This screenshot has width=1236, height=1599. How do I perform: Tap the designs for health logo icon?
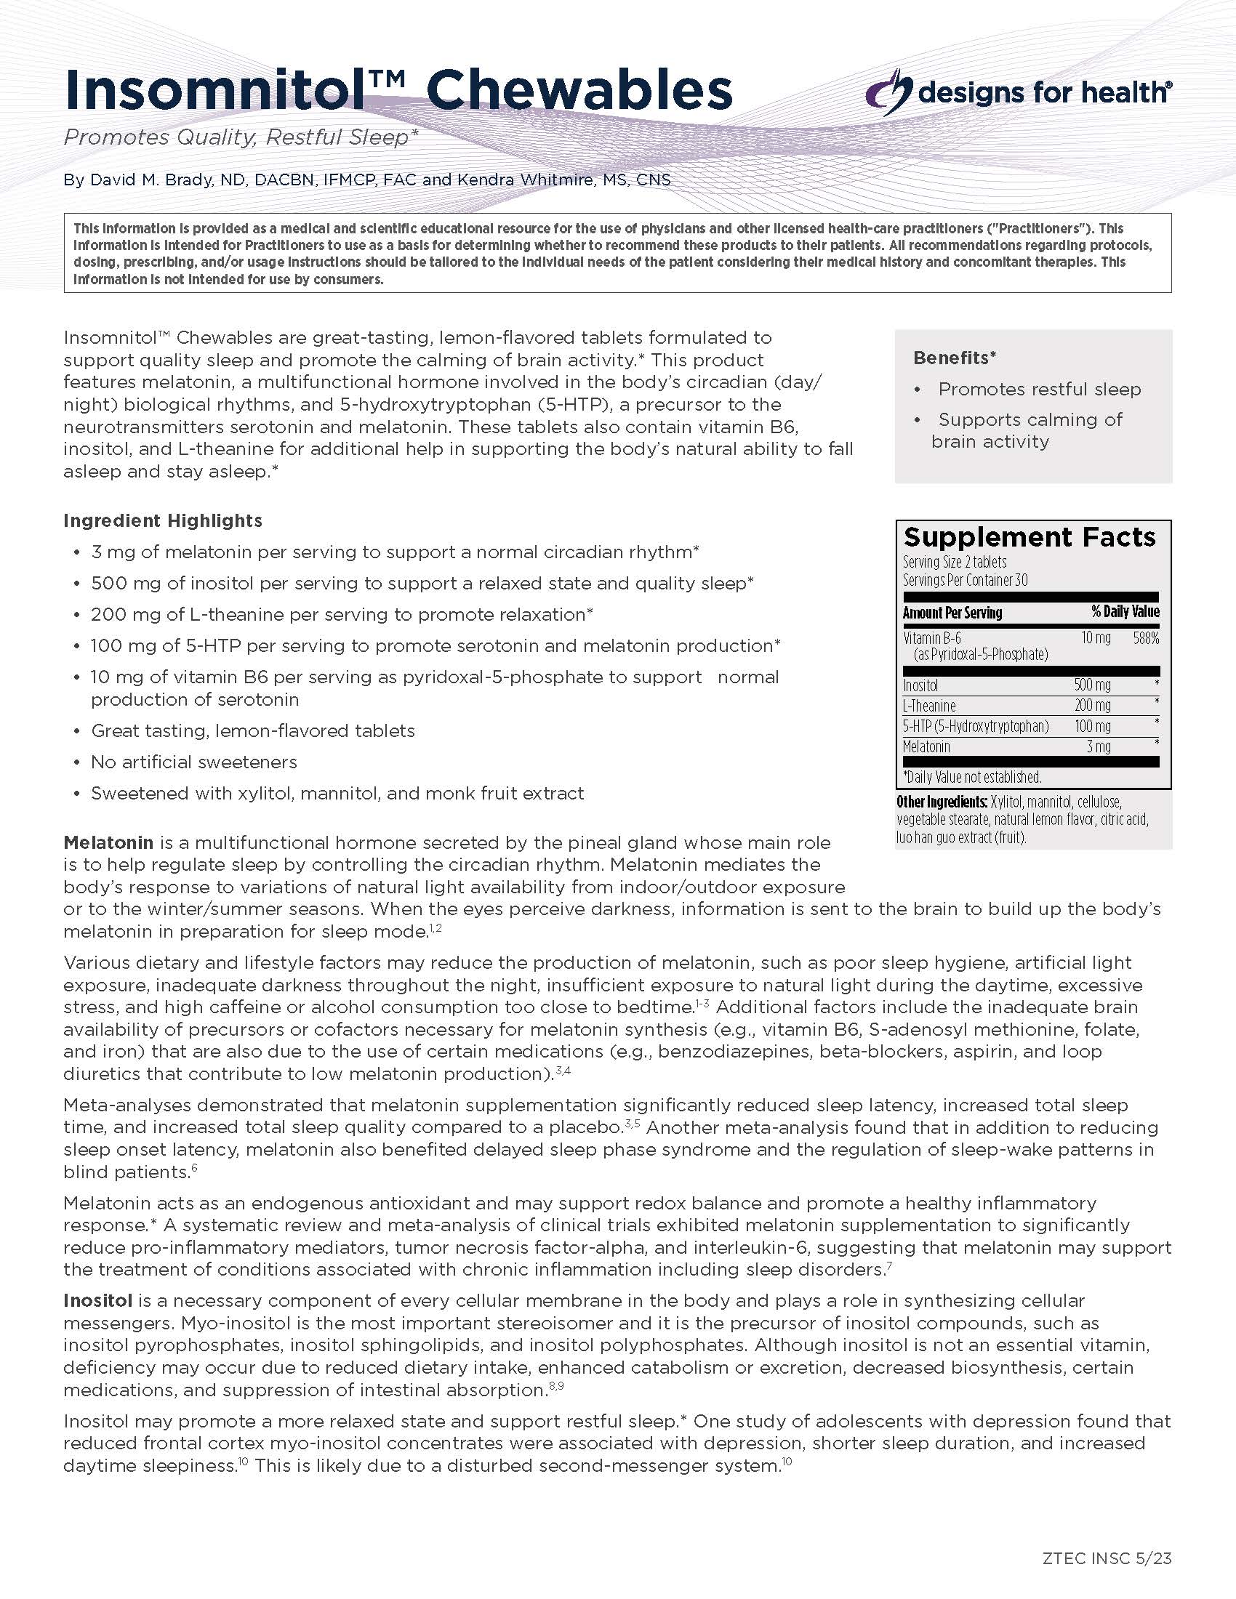(888, 92)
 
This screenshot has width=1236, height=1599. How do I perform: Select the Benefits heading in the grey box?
(954, 358)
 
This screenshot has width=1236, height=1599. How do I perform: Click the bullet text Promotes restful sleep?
(1039, 390)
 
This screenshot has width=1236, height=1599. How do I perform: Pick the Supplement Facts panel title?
(1030, 537)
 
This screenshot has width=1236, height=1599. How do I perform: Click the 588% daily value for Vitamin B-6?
(1146, 638)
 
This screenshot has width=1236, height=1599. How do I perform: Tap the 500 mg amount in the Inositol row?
(1092, 685)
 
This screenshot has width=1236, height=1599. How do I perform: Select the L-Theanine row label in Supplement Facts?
(929, 706)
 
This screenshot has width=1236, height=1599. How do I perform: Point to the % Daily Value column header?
(1125, 612)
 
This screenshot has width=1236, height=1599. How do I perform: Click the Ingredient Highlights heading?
(163, 520)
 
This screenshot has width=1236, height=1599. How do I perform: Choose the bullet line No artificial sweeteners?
(194, 762)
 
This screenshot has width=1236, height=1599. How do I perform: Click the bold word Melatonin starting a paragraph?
(108, 842)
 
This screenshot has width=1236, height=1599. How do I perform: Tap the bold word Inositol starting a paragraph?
(97, 1301)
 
